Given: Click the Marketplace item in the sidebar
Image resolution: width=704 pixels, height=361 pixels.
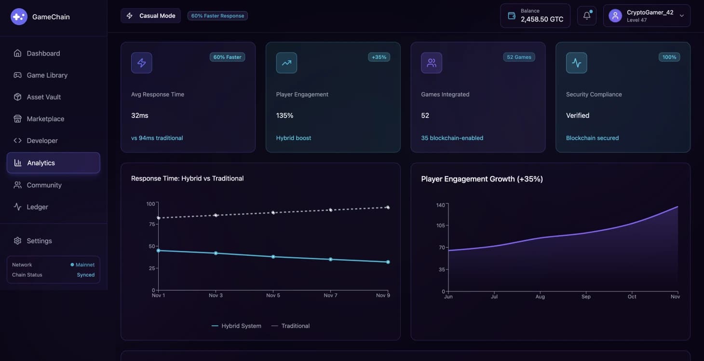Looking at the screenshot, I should click(x=45, y=119).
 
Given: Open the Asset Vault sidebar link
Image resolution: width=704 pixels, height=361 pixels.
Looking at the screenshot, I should click(x=43, y=97).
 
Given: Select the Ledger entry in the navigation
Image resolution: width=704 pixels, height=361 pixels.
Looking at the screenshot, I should click(x=37, y=207).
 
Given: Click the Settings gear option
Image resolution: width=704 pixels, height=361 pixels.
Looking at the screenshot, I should click(x=39, y=241).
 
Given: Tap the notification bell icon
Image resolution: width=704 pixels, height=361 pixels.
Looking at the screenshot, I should click(x=587, y=16).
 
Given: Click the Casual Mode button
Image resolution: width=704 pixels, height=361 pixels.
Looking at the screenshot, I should click(x=151, y=16).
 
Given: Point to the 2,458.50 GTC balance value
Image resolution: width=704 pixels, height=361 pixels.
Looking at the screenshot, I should click(x=542, y=19).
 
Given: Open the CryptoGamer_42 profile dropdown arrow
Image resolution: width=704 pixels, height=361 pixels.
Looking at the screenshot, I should click(x=682, y=16).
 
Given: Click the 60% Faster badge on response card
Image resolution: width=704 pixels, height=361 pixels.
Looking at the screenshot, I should click(x=227, y=57).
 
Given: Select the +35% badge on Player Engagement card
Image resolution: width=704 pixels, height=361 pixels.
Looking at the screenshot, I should click(x=379, y=57).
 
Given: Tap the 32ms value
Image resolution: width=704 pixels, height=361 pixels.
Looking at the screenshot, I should click(x=140, y=115).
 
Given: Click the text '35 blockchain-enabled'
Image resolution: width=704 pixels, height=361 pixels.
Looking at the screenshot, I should click(x=452, y=138).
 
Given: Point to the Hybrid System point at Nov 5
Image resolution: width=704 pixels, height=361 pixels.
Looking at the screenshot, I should click(x=273, y=257).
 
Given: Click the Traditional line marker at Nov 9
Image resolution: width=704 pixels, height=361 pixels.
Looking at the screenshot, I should click(x=388, y=208).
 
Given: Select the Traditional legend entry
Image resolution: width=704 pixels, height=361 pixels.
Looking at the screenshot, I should click(x=291, y=326).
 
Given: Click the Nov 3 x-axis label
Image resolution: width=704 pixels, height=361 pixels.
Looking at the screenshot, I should click(x=216, y=295).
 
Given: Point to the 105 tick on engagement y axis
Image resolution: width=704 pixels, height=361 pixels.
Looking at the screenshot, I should click(x=440, y=225).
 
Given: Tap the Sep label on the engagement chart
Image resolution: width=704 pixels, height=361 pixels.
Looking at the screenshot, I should click(x=586, y=297).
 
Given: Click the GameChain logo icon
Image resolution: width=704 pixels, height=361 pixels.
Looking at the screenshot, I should click(x=19, y=17).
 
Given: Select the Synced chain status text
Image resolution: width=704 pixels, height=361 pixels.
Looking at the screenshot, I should click(x=86, y=275).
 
